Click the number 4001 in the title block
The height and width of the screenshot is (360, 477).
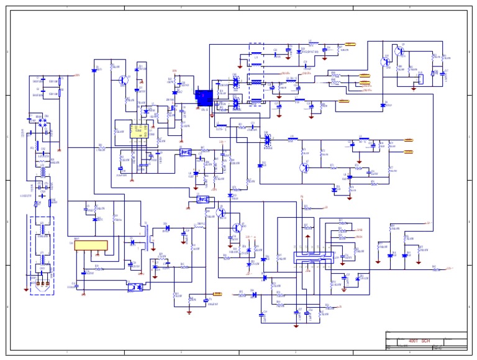[413, 341]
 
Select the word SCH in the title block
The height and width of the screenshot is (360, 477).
[426, 341]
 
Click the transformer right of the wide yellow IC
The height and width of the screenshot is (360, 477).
[148, 236]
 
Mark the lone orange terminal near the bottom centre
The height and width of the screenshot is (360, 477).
[218, 294]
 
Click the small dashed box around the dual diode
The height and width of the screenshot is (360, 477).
[268, 141]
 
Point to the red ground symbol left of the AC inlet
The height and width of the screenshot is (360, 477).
[25, 289]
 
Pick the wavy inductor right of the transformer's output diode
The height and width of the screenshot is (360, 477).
[200, 227]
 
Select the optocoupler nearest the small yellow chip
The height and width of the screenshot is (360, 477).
[184, 151]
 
